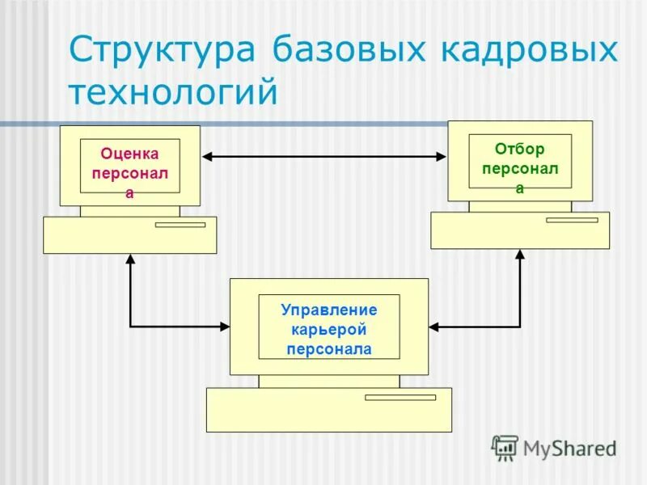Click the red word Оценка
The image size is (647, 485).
point(129,154)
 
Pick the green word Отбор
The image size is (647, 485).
point(520,150)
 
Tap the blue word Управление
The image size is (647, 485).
point(328,310)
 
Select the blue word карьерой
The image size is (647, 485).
point(328,330)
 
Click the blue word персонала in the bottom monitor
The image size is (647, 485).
point(328,349)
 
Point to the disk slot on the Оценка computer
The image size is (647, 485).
point(180,225)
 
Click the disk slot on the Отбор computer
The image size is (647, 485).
point(571,220)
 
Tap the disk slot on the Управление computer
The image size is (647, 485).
point(400,398)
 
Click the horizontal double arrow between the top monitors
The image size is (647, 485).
point(323,157)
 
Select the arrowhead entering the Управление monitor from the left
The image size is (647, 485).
point(224,327)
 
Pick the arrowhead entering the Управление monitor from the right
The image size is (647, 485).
point(434,327)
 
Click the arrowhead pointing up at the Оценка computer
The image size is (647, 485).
point(129,260)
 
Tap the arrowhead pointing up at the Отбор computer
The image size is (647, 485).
point(520,255)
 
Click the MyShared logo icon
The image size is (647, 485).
point(505,447)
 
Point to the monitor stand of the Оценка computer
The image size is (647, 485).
point(129,212)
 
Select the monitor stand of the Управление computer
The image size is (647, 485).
point(328,382)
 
